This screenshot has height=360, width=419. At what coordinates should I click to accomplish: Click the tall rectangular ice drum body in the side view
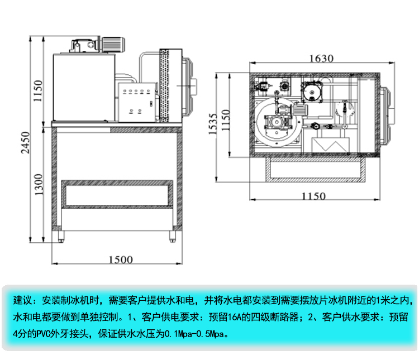[84, 87]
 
